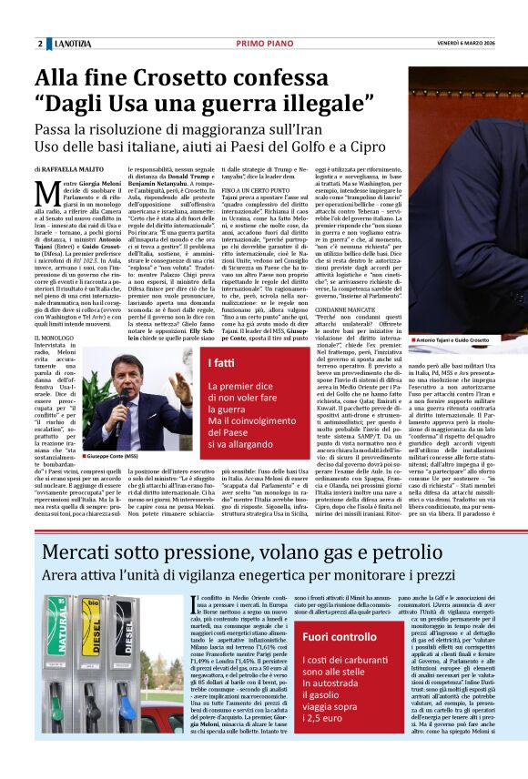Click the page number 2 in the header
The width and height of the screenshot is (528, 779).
click(40, 44)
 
